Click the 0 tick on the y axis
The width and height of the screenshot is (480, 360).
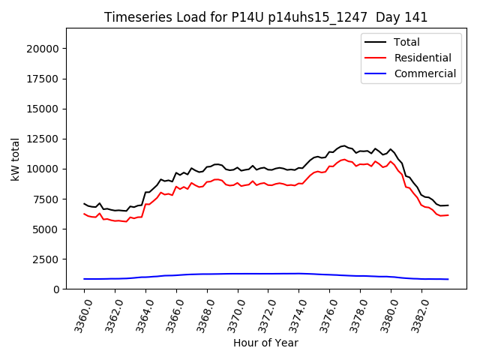click(x=57, y=289)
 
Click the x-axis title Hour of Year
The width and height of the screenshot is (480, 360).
click(x=265, y=343)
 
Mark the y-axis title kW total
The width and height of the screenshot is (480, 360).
click(x=16, y=159)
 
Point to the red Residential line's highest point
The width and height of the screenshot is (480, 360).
click(x=344, y=159)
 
